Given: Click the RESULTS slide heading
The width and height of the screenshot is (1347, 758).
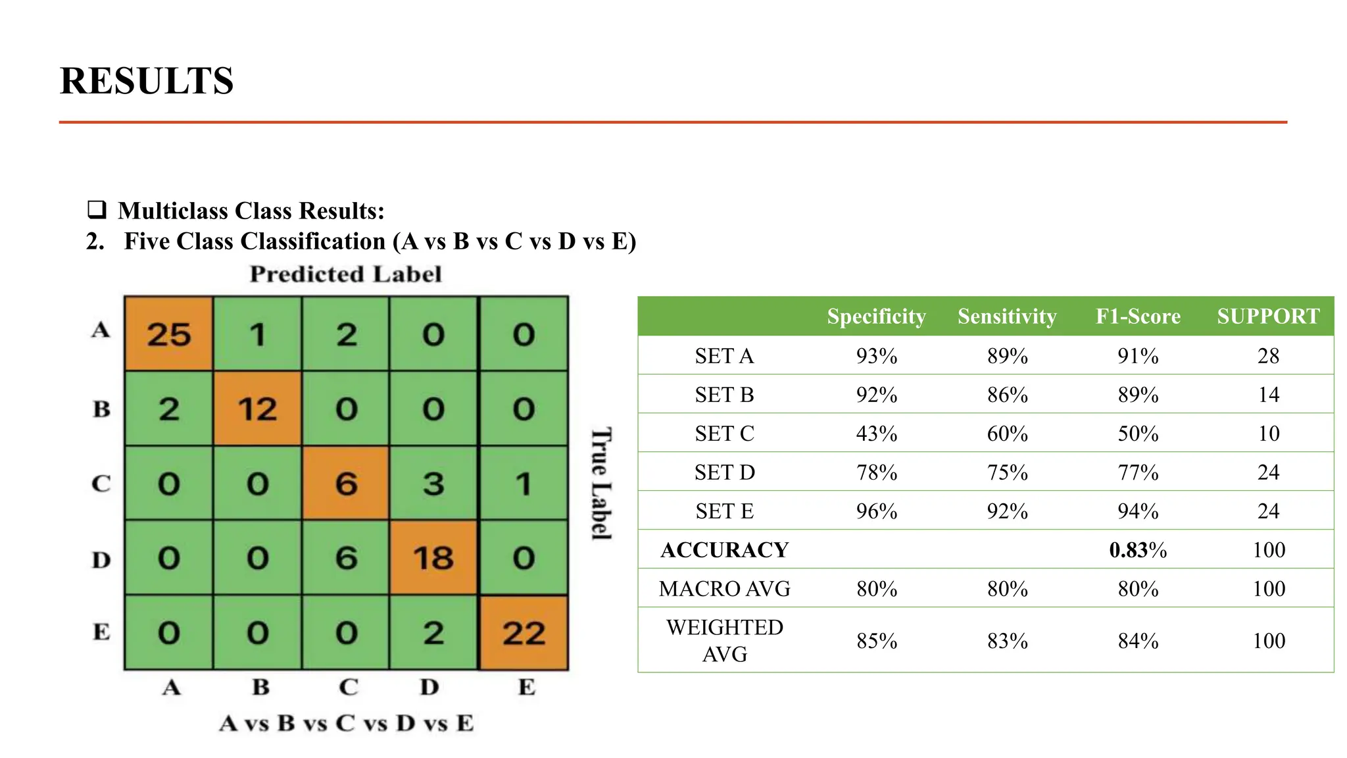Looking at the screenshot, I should (x=147, y=81).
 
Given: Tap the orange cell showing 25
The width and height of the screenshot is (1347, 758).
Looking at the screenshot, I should (x=168, y=334).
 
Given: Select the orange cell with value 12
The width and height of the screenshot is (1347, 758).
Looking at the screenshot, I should (x=257, y=409).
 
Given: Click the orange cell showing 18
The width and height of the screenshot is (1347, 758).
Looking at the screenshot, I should (x=433, y=558).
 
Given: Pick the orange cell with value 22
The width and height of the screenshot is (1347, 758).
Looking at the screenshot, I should (x=524, y=633).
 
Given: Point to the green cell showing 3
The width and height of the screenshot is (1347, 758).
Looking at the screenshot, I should (x=433, y=484).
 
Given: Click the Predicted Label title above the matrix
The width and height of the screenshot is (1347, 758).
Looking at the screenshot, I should (x=345, y=274).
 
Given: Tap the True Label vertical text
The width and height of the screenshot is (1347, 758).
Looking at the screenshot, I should (x=601, y=484).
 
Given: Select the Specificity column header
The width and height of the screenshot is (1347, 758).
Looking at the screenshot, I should (x=876, y=316).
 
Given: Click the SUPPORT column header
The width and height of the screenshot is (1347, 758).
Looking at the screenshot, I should (x=1268, y=316).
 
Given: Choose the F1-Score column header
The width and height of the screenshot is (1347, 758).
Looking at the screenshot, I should (x=1138, y=316).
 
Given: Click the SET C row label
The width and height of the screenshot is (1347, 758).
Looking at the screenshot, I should (x=724, y=434).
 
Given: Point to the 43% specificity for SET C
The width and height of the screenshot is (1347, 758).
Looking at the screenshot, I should (x=876, y=434).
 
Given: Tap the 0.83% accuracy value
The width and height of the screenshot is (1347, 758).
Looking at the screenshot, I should (x=1138, y=550).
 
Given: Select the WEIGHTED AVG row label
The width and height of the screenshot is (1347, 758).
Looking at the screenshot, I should (x=724, y=640).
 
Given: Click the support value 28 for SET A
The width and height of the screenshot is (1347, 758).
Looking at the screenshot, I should (x=1268, y=356).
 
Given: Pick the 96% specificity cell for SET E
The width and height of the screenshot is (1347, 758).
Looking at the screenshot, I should (x=876, y=511).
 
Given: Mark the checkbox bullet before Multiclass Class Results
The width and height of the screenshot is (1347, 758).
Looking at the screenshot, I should (x=97, y=210).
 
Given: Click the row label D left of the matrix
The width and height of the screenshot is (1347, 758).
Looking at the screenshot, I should (x=101, y=560).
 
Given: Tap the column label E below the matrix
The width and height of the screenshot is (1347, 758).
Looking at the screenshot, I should (x=526, y=687).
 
